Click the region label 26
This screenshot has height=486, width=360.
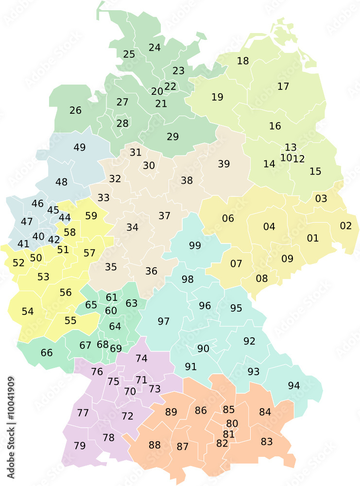[75, 110]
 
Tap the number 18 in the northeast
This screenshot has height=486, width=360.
[243, 61]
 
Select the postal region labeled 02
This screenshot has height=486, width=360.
[345, 226]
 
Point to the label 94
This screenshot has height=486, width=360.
[294, 385]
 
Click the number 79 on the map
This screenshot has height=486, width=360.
[80, 445]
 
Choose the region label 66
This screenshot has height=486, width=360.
[47, 352]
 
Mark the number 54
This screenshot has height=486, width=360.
[28, 311]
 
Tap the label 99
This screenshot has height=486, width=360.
[195, 245]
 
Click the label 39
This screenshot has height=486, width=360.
[224, 164]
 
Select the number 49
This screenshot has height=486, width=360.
[80, 147]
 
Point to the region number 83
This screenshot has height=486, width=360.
[267, 441]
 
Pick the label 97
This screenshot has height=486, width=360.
[164, 321]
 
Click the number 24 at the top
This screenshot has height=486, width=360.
[154, 47]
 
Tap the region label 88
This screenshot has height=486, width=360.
[154, 445]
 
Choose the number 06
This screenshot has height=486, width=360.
[228, 218]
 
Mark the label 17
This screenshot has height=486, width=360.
[283, 87]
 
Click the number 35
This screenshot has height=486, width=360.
[111, 267]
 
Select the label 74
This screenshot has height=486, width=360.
[141, 358]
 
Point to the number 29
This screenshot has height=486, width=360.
[173, 137]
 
